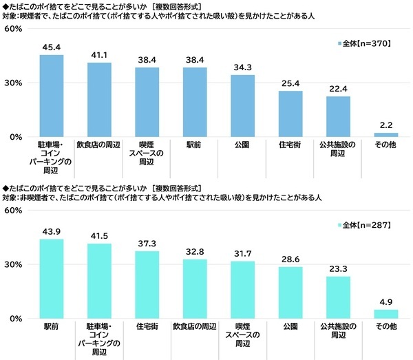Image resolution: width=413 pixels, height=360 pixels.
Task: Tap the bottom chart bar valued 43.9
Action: coord(52,279)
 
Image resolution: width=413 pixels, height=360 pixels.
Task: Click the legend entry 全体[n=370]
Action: coord(364,43)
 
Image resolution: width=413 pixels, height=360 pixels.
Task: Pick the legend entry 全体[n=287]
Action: coord(364,225)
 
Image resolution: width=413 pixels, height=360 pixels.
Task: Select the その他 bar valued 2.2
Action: coord(385,134)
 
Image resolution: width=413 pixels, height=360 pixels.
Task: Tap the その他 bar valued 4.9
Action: coord(385,314)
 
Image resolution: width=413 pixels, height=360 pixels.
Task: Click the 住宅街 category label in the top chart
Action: coord(290,145)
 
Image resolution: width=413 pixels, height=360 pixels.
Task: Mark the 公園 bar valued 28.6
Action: coord(290,293)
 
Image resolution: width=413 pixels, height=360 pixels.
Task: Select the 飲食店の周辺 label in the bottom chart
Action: coord(195,326)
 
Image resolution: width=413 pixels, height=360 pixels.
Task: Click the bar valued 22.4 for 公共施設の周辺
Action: coord(338,116)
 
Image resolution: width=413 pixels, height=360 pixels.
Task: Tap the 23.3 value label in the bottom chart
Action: coord(338,269)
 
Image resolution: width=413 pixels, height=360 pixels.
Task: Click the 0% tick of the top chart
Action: coord(15,137)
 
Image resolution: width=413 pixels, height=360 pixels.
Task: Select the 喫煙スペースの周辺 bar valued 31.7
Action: coord(242,290)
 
